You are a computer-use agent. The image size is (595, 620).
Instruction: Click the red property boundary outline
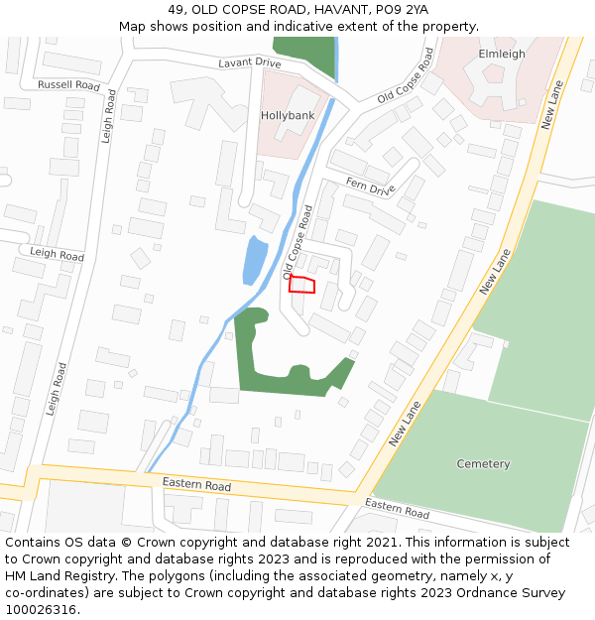pyautogui.click(x=301, y=286)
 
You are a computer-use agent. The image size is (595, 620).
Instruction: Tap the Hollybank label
pyautogui.click(x=287, y=115)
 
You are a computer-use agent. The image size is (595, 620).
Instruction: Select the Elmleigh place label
pyautogui.click(x=501, y=54)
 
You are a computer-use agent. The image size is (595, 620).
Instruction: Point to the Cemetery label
pyautogui.click(x=483, y=463)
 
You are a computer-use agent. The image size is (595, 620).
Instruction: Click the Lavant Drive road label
pyautogui.click(x=250, y=63)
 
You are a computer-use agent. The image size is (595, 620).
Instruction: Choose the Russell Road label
pyautogui.click(x=68, y=85)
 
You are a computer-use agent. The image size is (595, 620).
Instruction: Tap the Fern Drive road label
pyautogui.click(x=371, y=186)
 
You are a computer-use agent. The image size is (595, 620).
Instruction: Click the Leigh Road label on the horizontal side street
pyautogui.click(x=57, y=255)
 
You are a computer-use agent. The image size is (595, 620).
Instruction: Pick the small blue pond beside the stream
pyautogui.click(x=255, y=260)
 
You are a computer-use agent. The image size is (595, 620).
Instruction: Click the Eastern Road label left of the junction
pyautogui.click(x=196, y=485)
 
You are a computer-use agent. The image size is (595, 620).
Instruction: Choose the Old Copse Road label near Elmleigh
pyautogui.click(x=406, y=74)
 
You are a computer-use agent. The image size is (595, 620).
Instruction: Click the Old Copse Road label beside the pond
pyautogui.click(x=298, y=241)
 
